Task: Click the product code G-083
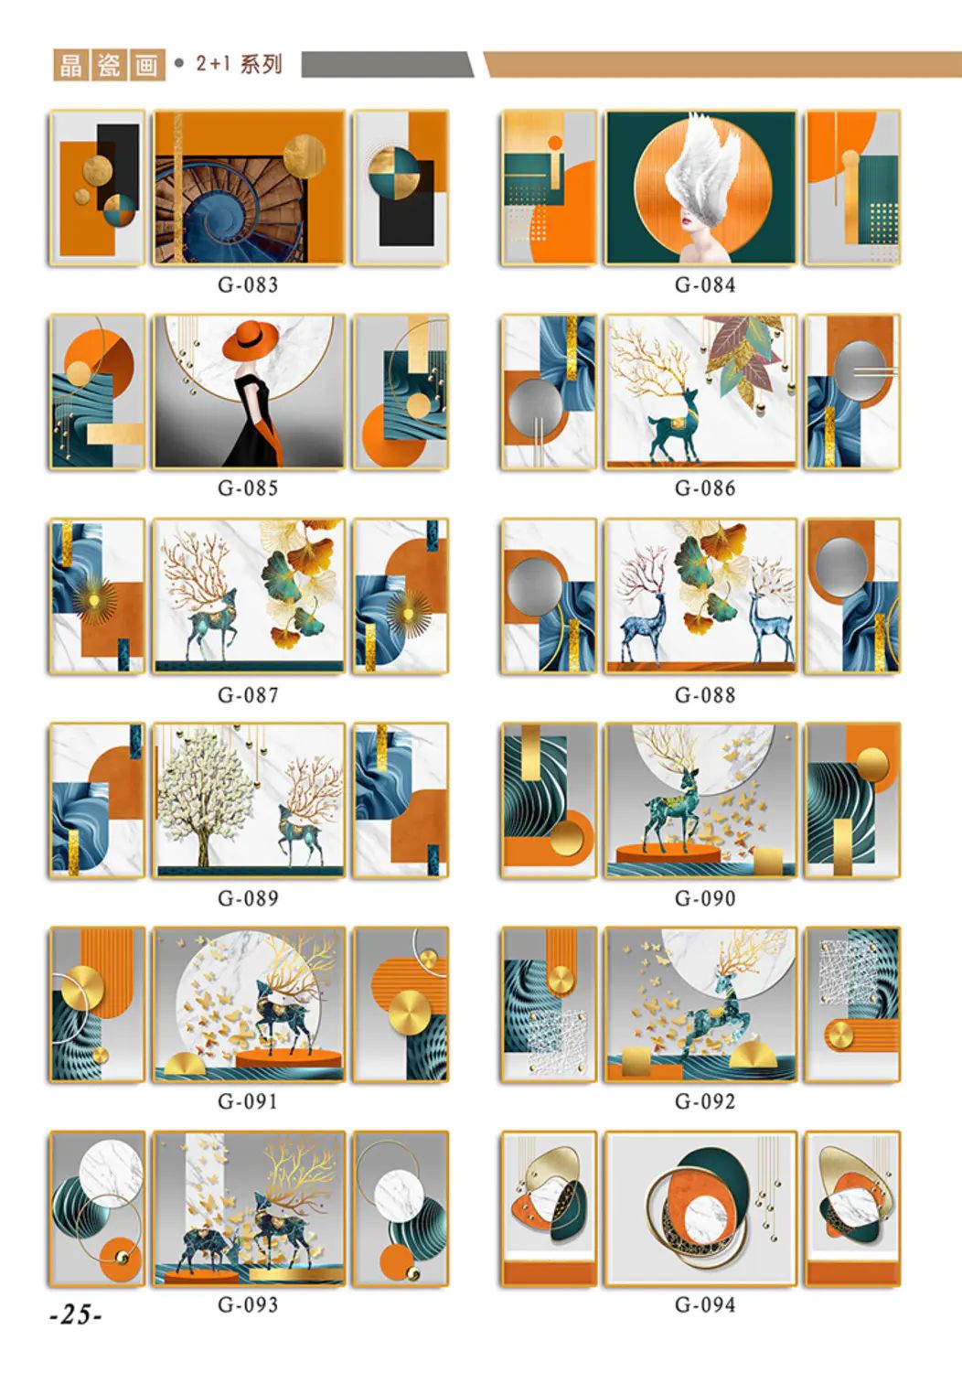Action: [248, 285]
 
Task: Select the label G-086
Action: [705, 488]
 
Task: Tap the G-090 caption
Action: [705, 898]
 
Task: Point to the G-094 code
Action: [705, 1304]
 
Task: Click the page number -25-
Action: [76, 1314]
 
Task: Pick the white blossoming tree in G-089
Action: [204, 797]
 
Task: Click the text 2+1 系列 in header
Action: [239, 64]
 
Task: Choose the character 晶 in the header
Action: [70, 65]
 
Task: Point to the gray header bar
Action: [387, 64]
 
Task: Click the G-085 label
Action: [248, 488]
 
